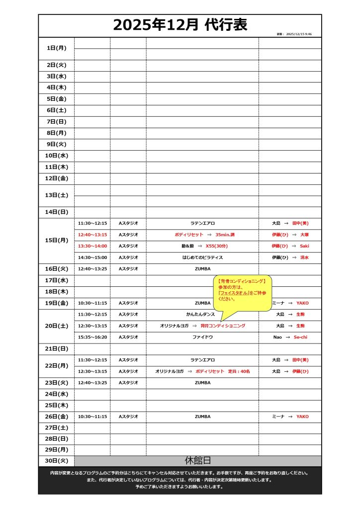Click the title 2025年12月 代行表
tap(180, 24)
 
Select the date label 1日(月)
tap(56, 48)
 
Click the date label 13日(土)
tap(56, 195)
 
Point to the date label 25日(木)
tap(56, 405)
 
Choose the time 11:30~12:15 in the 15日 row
tap(92, 223)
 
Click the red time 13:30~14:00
tap(92, 246)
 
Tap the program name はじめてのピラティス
tap(202, 257)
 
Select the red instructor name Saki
tap(304, 246)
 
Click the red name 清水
tap(304, 257)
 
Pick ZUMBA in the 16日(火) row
tap(202, 269)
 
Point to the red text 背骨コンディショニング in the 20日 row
tap(223, 326)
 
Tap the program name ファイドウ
tap(202, 337)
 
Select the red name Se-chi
tap(301, 337)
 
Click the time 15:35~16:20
tap(92, 337)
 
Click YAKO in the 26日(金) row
tap(302, 417)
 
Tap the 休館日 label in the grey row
tap(197, 461)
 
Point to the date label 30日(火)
tap(56, 461)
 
